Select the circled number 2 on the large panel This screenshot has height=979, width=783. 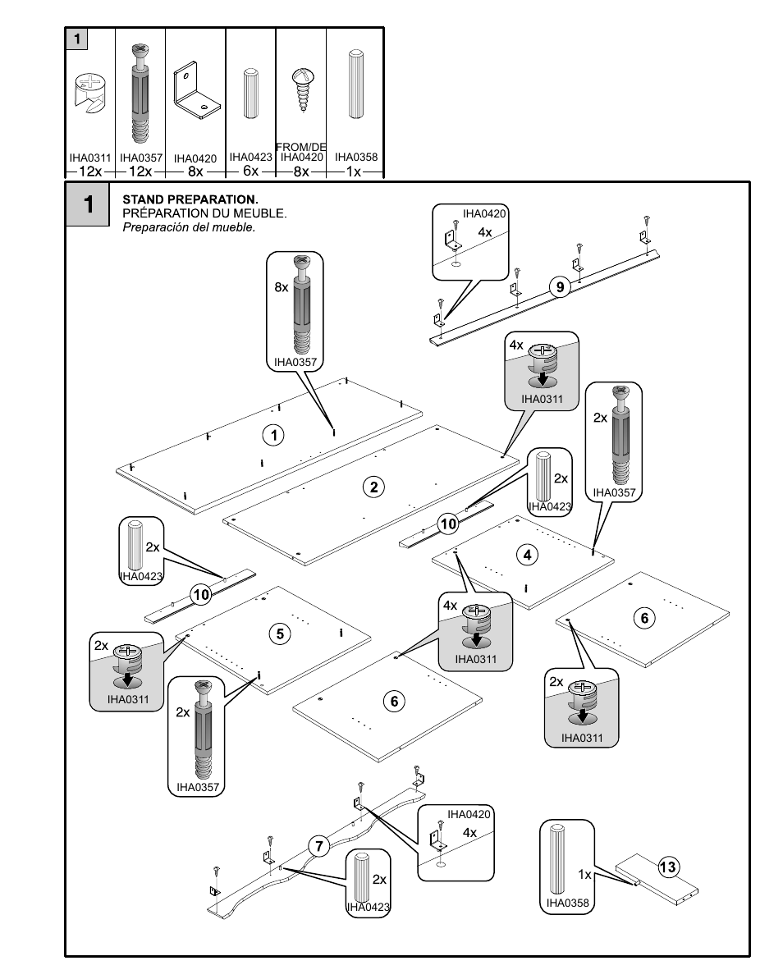[373, 487]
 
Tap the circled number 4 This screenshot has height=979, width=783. [528, 555]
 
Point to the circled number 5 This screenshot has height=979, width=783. [280, 633]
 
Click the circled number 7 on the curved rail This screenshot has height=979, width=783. [318, 846]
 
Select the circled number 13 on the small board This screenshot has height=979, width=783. [667, 867]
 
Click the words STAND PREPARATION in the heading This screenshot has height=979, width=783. [190, 199]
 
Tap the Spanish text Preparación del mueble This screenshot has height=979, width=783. [189, 227]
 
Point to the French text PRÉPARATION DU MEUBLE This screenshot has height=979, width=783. [204, 213]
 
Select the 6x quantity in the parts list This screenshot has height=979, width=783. [250, 171]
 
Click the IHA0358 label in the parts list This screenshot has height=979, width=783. [355, 157]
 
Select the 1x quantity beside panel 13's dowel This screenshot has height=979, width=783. [584, 875]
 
